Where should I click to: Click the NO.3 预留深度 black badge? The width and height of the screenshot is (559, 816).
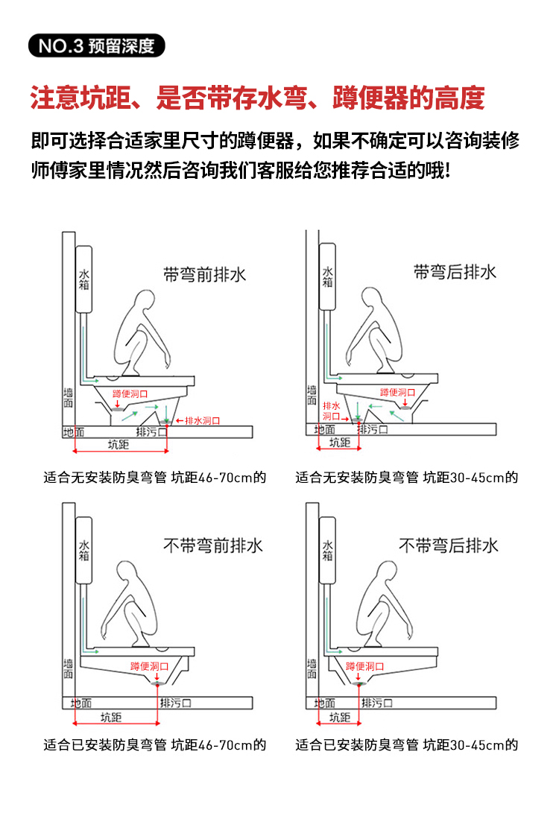tap(96, 45)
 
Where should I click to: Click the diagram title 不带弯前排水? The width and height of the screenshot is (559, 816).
tap(213, 546)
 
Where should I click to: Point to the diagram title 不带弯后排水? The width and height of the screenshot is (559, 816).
tap(449, 545)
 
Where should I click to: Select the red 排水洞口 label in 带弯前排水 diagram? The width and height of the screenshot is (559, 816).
tap(202, 420)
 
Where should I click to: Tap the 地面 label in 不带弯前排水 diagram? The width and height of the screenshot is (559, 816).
tap(81, 703)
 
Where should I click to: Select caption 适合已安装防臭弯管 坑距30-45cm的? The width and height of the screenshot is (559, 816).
tap(406, 744)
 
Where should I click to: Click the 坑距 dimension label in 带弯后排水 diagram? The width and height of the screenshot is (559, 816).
tap(339, 443)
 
